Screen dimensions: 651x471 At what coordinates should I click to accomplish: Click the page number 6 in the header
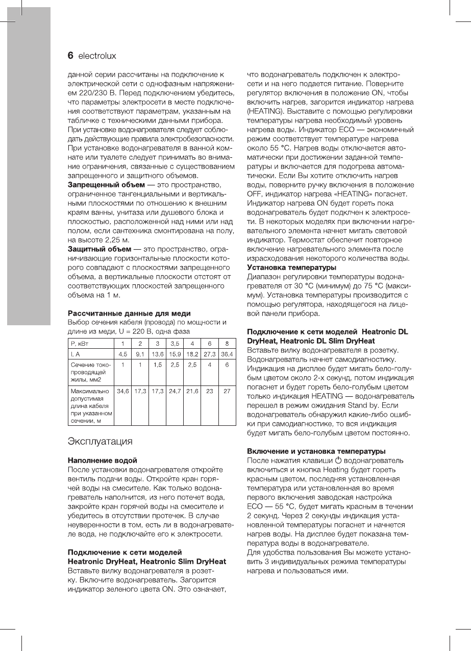[71, 55]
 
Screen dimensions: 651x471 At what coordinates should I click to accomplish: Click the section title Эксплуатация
[101, 441]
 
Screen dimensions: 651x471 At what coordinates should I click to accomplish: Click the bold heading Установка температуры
[291, 267]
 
